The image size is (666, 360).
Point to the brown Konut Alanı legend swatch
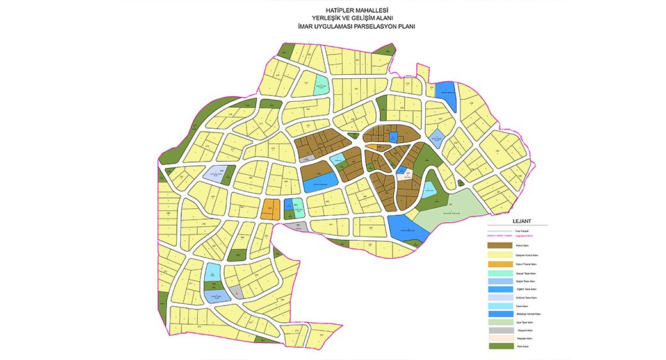click(499, 245)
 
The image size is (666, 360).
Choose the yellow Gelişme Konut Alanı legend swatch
click(499, 254)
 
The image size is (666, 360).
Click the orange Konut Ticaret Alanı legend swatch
click(499, 264)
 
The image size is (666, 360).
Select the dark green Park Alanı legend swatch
click(499, 346)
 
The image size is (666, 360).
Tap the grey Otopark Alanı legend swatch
click(499, 330)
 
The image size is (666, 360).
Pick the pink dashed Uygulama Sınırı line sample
click(499, 236)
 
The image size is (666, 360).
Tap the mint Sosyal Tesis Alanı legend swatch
click(499, 274)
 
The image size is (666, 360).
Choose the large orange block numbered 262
click(270, 209)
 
